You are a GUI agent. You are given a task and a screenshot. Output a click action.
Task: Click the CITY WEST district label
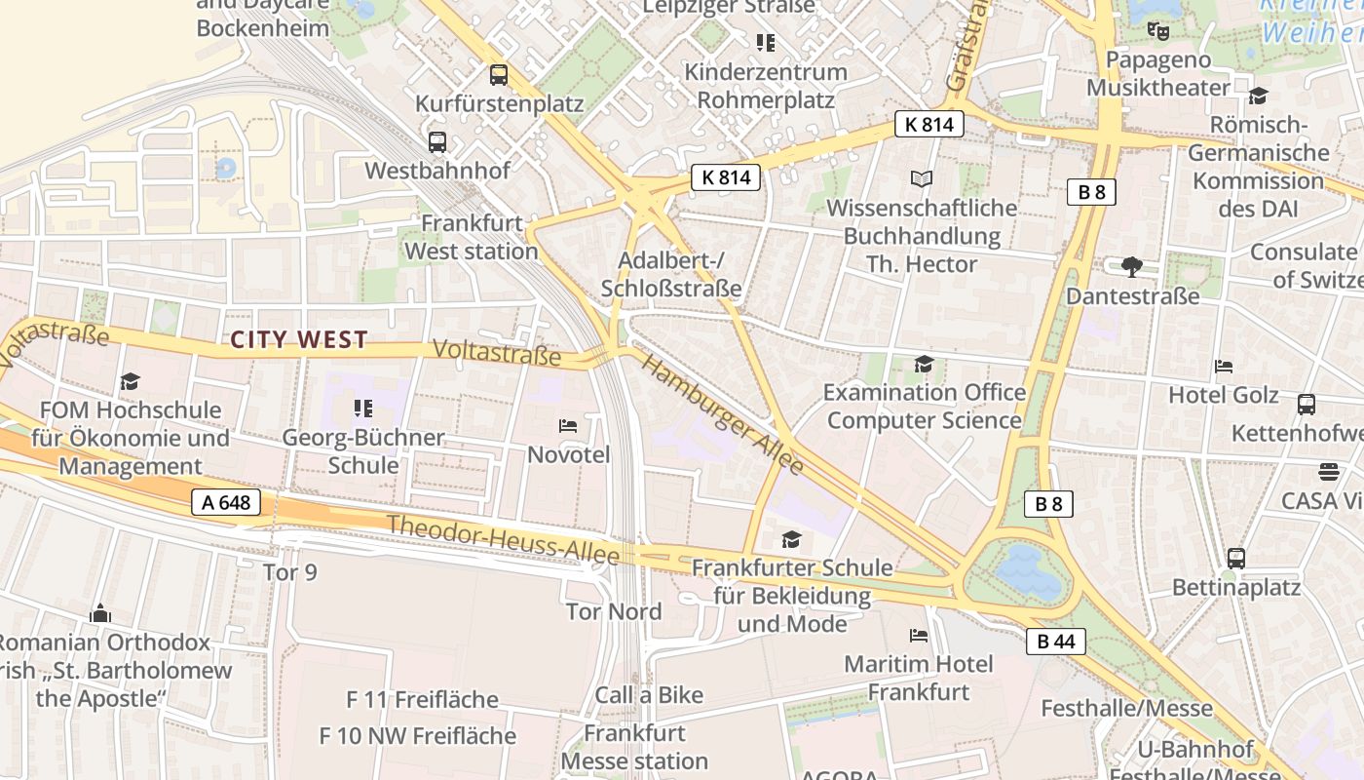(299, 339)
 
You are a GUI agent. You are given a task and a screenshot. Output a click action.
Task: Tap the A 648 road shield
(226, 503)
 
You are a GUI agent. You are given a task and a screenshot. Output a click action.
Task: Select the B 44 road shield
(1056, 642)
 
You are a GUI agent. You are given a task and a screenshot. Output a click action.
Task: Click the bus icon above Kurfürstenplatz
(499, 74)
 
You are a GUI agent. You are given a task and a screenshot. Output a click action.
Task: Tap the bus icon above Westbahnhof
(437, 141)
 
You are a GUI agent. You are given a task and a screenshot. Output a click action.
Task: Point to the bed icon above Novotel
(568, 426)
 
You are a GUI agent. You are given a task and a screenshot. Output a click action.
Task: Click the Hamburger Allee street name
(724, 414)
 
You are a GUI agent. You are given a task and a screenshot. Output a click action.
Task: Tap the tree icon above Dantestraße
(1132, 266)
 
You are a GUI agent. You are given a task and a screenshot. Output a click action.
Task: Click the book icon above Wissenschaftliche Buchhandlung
(922, 178)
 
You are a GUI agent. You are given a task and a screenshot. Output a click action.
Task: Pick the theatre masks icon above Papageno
(1157, 31)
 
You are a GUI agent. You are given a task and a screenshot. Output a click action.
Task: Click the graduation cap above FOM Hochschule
(130, 381)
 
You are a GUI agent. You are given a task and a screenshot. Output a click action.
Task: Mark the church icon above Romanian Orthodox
(100, 614)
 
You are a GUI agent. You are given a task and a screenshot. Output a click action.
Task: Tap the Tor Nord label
(614, 611)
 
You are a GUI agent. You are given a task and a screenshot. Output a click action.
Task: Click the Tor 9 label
(290, 571)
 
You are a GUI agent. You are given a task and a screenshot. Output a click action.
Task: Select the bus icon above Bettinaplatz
(1235, 559)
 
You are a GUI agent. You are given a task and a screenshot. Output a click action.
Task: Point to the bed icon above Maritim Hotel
(919, 636)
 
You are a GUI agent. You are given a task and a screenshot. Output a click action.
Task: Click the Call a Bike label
(649, 695)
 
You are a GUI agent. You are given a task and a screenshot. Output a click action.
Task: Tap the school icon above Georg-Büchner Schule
(363, 408)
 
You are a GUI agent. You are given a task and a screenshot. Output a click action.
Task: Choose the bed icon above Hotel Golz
(1224, 367)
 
